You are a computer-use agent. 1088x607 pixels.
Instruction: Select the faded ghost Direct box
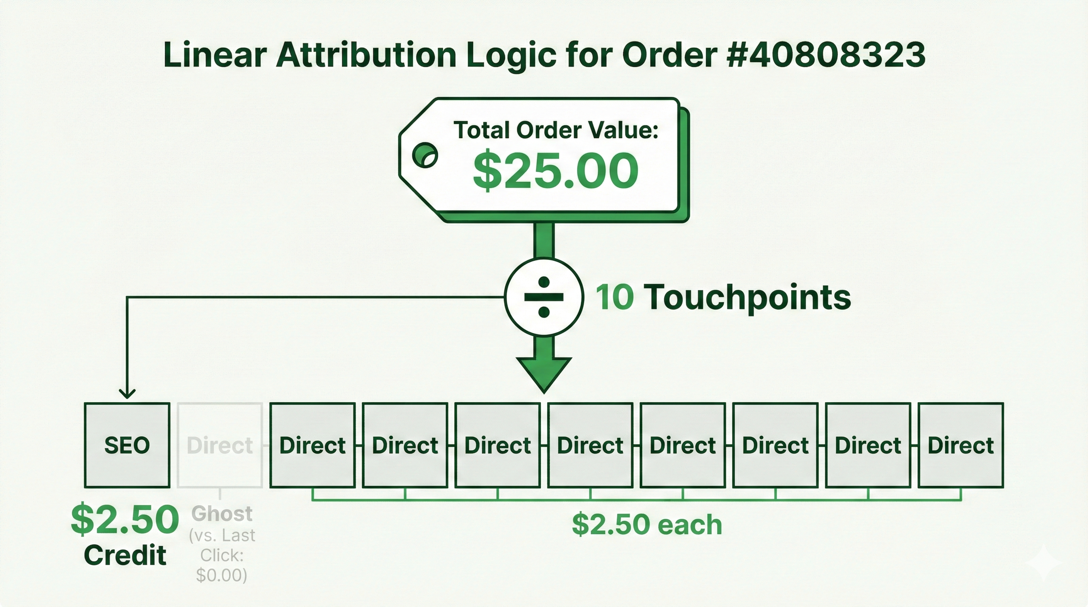[x=220, y=445]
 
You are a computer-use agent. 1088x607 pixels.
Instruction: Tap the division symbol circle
[x=544, y=297]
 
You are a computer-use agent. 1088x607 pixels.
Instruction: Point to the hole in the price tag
[x=425, y=155]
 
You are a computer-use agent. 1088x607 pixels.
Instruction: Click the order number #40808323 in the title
[x=827, y=55]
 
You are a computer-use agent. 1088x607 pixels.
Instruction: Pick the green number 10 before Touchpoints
[x=614, y=297]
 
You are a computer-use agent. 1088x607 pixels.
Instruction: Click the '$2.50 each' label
[x=647, y=525]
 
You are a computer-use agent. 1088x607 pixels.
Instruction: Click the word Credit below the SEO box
[x=125, y=555]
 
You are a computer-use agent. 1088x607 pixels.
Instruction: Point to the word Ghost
[x=222, y=514]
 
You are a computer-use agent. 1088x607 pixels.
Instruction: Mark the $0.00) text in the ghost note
[x=221, y=575]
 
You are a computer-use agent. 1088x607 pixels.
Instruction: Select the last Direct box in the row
[x=961, y=445]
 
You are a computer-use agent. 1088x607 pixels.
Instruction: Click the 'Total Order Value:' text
[x=556, y=130]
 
